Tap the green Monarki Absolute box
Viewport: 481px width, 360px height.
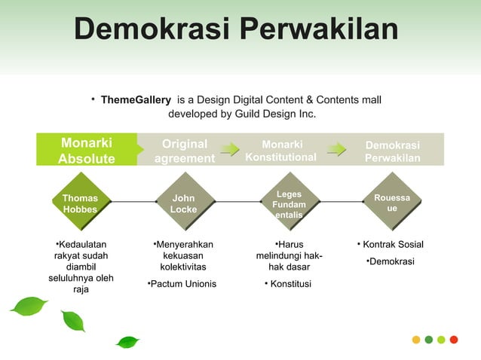pos(87,150)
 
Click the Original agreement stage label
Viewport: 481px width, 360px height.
pos(185,150)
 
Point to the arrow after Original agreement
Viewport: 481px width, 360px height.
pos(230,149)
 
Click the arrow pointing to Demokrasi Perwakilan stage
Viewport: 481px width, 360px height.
pos(336,149)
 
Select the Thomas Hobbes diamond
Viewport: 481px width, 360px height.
pos(80,203)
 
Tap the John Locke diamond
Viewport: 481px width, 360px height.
pos(184,203)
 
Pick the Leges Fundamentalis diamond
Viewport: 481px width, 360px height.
pos(290,204)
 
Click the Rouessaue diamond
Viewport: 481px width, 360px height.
pos(392,203)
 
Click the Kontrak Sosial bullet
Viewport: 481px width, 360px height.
pos(392,245)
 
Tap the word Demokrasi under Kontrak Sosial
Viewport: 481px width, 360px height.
pos(391,261)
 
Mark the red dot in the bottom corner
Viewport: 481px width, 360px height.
pos(454,339)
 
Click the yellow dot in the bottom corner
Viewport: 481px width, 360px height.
pos(415,339)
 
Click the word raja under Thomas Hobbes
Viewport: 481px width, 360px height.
pos(81,289)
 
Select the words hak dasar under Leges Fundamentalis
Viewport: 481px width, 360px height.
pos(290,267)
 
